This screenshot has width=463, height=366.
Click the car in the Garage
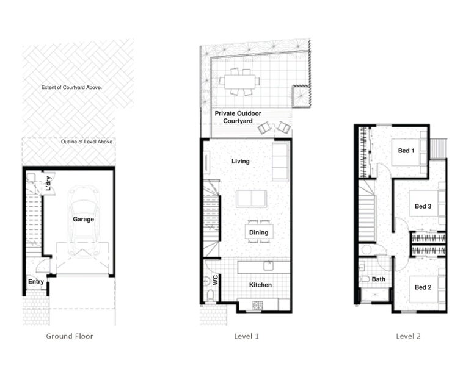click(x=84, y=220)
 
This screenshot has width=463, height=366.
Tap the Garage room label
click(x=84, y=219)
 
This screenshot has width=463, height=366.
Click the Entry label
click(x=36, y=281)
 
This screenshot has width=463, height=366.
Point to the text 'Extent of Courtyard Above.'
click(x=71, y=87)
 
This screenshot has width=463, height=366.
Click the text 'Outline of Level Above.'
click(x=87, y=143)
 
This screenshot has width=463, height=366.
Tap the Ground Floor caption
click(x=70, y=336)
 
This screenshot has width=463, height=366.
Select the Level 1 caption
click(x=247, y=336)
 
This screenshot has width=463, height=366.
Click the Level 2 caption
click(x=408, y=336)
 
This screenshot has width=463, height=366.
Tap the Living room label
click(x=241, y=161)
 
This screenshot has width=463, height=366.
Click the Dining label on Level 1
click(x=259, y=232)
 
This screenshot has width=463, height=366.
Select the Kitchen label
click(x=260, y=285)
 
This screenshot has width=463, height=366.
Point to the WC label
click(x=215, y=279)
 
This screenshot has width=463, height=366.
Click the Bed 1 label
click(x=406, y=151)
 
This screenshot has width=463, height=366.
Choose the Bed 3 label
click(x=423, y=206)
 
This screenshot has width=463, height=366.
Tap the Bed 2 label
click(x=423, y=287)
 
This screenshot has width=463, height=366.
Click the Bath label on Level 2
click(x=379, y=279)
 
